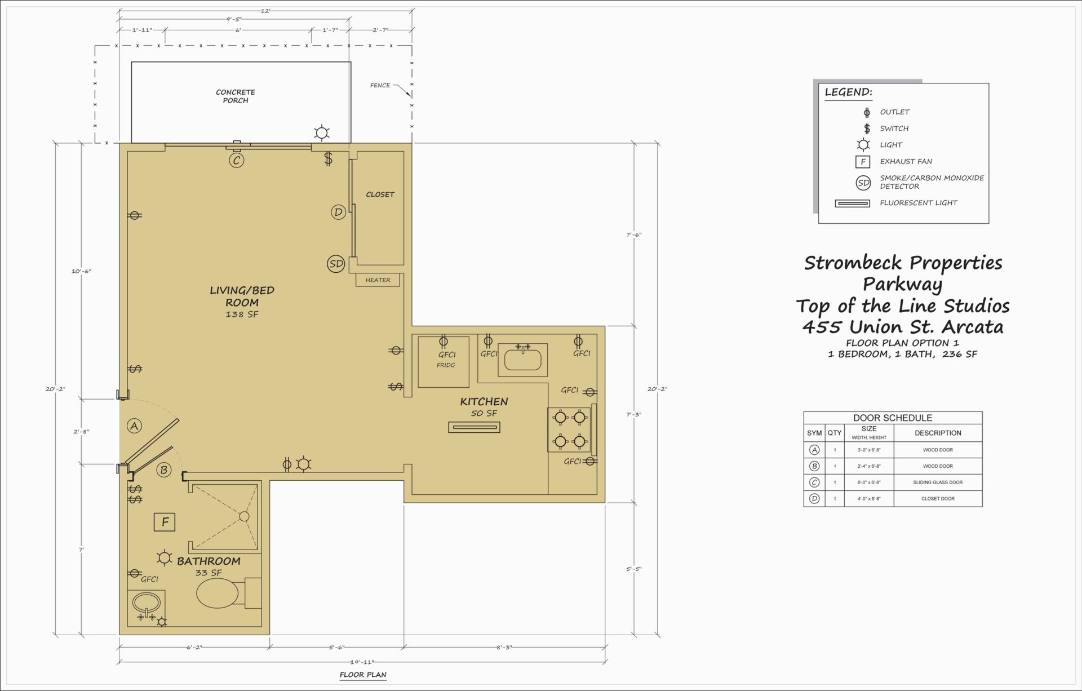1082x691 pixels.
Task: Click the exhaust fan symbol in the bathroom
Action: (165, 522)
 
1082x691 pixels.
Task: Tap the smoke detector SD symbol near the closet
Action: (336, 264)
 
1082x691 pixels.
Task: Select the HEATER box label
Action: (378, 280)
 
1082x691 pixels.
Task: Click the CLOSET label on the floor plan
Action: (380, 194)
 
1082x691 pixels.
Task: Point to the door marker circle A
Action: (134, 426)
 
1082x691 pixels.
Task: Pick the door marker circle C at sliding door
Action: (237, 161)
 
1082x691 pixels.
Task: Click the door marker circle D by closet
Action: (338, 212)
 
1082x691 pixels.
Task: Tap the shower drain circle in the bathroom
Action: (244, 516)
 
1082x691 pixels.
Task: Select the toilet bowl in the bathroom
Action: (218, 593)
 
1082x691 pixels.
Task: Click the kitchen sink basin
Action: (523, 360)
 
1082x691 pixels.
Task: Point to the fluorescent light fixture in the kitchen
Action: (475, 427)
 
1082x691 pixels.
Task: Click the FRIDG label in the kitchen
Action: (446, 365)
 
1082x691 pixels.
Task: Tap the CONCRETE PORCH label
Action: (236, 96)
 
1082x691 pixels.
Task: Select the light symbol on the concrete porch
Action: (322, 134)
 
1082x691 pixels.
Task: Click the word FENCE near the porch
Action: (380, 86)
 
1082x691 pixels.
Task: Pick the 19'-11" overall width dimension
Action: (362, 662)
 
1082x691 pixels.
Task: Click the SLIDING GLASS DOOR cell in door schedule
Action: (938, 482)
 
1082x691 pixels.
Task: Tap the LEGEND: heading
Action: (848, 92)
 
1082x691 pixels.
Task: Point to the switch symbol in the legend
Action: (867, 129)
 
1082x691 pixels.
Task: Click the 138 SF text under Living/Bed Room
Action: (242, 315)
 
